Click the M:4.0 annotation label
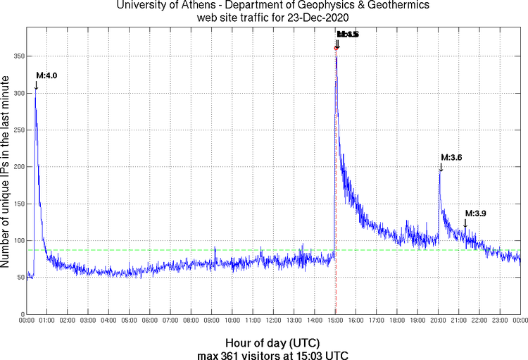click(x=46, y=76)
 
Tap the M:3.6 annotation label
click(x=451, y=157)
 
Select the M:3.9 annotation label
click(x=475, y=213)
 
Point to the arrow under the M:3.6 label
click(x=441, y=167)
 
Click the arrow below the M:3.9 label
click(x=465, y=223)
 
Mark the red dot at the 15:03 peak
click(x=336, y=49)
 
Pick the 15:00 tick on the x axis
click(x=335, y=321)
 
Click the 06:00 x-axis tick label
click(x=149, y=321)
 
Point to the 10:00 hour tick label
click(x=232, y=321)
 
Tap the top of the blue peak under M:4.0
click(x=35, y=89)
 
